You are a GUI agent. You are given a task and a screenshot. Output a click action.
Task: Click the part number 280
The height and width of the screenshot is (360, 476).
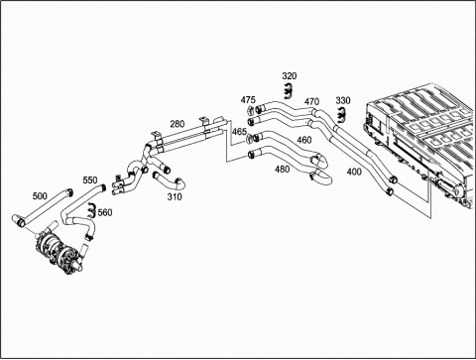[x=178, y=124]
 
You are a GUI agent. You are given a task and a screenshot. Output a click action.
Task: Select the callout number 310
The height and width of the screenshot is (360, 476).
[x=175, y=197]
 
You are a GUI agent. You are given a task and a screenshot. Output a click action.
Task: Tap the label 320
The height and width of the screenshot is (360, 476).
[x=290, y=76]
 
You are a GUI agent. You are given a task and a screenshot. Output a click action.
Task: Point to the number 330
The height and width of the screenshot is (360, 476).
[x=343, y=100]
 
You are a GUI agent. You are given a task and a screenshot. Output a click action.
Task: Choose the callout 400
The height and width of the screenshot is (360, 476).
[x=354, y=172]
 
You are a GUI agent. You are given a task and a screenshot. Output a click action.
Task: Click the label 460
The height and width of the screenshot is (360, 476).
[x=304, y=140]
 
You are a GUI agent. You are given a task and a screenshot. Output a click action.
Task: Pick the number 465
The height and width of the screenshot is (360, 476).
[x=239, y=132]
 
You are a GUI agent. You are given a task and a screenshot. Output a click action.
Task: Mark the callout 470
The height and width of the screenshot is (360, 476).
[x=311, y=101]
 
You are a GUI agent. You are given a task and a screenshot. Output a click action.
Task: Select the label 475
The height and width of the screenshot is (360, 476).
[x=248, y=100]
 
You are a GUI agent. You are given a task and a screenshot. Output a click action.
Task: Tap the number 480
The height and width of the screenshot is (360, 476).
[x=282, y=170]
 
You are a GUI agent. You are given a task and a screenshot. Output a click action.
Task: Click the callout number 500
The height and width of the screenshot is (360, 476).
[x=40, y=196]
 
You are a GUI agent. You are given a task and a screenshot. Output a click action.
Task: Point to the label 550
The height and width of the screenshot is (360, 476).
[x=90, y=180]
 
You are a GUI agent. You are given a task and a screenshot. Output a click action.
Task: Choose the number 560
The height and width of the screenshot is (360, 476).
[x=105, y=212]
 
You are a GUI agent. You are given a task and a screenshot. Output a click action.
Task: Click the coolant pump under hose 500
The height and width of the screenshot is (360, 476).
[x=60, y=250]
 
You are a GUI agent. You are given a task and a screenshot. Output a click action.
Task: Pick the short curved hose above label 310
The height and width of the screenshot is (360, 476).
[x=169, y=179]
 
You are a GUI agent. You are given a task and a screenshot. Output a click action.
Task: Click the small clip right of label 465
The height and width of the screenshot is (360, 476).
[x=250, y=139]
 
